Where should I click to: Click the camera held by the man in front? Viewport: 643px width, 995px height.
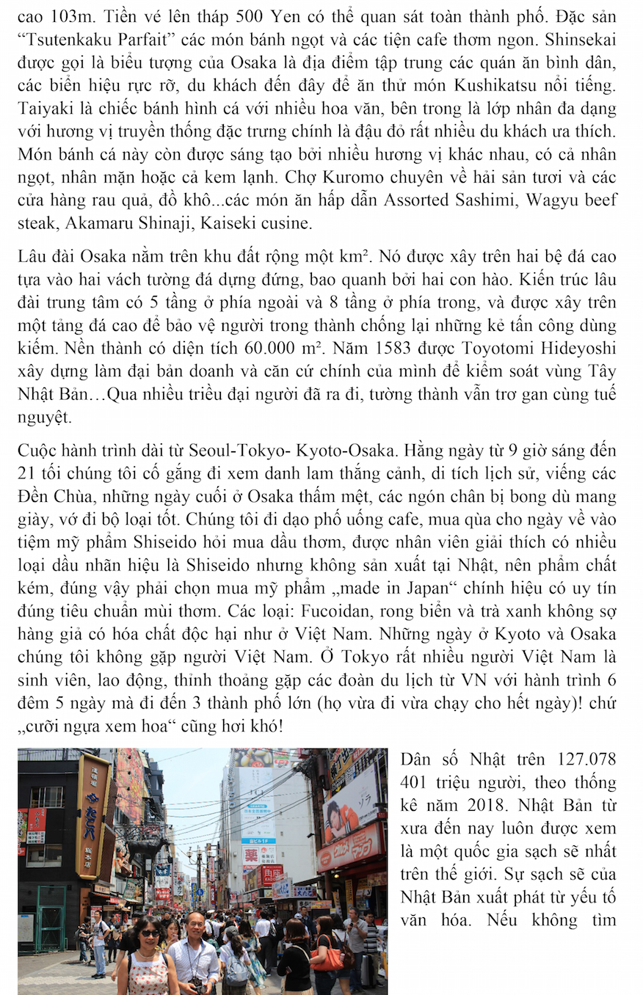(196, 984)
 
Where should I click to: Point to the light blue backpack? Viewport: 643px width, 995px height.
(236, 970)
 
